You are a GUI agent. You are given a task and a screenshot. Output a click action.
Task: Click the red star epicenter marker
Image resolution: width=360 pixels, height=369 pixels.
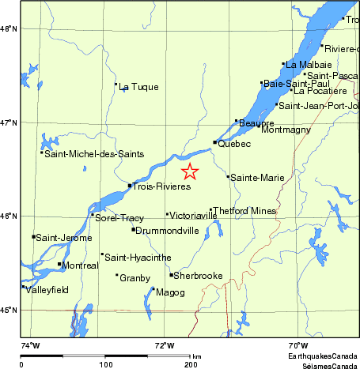coord(190,171)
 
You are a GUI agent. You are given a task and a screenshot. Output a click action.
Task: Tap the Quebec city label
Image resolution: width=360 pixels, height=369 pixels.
coord(234,144)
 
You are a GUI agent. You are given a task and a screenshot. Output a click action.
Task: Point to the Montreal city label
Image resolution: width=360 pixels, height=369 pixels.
coord(80,265)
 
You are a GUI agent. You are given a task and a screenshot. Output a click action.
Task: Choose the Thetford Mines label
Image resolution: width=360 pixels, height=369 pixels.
coord(244,211)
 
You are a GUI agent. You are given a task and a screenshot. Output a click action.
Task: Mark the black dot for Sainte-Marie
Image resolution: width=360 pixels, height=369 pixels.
coord(228,176)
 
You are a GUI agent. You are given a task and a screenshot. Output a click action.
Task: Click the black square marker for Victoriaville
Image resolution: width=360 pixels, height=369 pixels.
coord(167,213)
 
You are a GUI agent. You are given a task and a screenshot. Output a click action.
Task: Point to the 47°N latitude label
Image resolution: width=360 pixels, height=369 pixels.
coord(9,122)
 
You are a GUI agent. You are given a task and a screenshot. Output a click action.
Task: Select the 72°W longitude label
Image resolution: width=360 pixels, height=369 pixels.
coord(164,345)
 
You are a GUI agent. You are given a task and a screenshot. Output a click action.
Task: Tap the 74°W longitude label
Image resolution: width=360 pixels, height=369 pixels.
coord(29,345)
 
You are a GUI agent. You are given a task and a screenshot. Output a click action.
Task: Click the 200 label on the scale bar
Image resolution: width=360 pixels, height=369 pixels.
coord(191,364)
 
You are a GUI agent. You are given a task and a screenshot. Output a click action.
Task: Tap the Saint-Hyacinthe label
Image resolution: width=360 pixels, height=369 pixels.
coord(138,258)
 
